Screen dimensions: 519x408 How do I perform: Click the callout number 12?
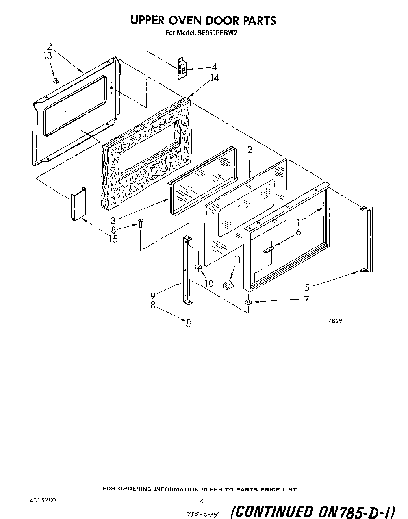click(x=47, y=46)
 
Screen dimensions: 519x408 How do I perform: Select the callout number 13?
click(x=47, y=56)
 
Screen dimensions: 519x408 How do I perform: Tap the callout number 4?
click(x=214, y=67)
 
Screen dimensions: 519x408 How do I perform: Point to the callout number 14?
click(x=214, y=78)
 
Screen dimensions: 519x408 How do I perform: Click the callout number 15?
click(x=113, y=239)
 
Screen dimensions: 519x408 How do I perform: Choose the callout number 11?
click(x=237, y=260)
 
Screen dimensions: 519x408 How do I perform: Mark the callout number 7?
click(x=306, y=299)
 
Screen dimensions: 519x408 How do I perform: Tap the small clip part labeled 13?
click(x=56, y=80)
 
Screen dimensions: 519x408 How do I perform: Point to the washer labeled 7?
click(x=248, y=302)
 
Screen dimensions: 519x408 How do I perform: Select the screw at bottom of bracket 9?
click(x=189, y=323)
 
